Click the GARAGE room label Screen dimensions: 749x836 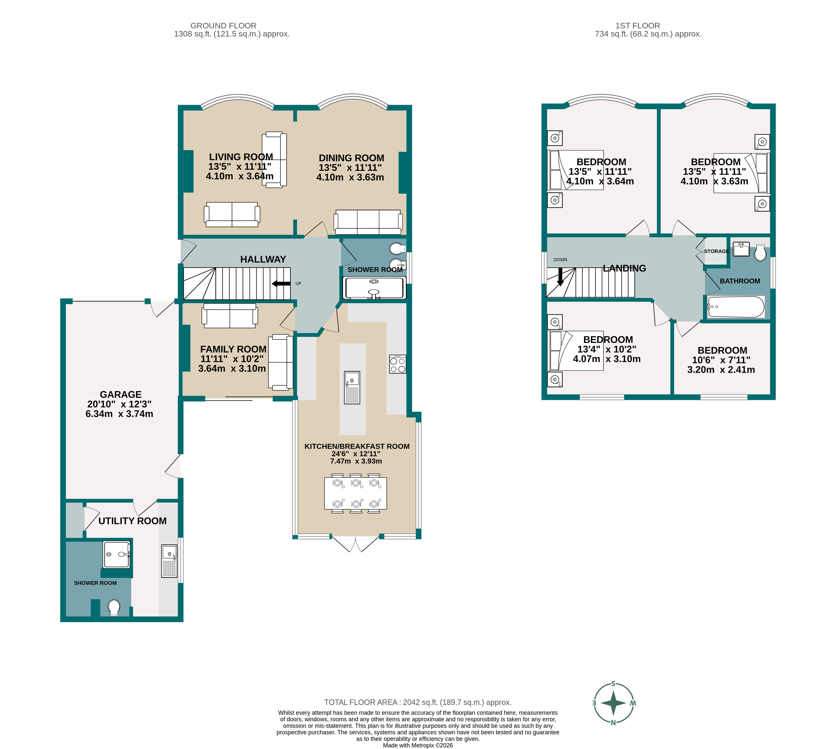point(121,394)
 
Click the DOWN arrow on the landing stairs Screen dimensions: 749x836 point(560,277)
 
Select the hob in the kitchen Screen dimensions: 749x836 point(397,364)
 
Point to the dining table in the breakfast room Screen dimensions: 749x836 point(355,493)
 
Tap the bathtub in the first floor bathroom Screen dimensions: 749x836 point(736,307)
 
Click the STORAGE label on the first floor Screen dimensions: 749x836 point(716,251)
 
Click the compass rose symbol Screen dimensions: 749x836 point(613,703)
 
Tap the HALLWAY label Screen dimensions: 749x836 point(263,259)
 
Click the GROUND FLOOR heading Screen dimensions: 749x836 point(223,26)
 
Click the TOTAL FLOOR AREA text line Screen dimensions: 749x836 point(418,703)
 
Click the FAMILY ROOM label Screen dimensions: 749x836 point(233,349)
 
